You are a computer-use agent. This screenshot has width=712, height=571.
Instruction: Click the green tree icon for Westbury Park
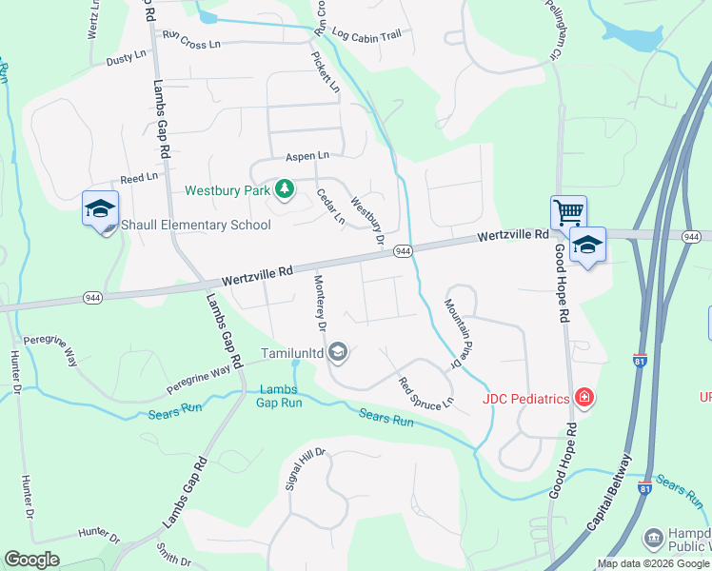pos(284,189)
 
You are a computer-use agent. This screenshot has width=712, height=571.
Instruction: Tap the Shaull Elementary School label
pos(196,226)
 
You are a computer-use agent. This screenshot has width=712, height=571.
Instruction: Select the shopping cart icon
pos(568,212)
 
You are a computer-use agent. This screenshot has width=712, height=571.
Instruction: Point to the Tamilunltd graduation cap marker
pos(337,354)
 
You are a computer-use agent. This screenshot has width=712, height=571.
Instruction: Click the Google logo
pos(31,560)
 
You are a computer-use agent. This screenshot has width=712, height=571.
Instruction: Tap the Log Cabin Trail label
pos(366,34)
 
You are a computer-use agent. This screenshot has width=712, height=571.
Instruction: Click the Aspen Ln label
pos(307,155)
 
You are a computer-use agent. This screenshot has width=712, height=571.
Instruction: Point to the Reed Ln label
pos(138,179)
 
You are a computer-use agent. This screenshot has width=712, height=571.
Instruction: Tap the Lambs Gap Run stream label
pos(278,396)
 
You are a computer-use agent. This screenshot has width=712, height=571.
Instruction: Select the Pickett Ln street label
pos(325,70)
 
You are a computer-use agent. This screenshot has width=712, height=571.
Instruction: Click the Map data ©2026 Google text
pos(653,563)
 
